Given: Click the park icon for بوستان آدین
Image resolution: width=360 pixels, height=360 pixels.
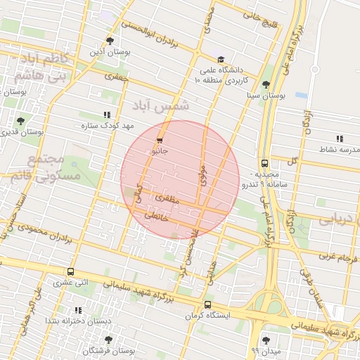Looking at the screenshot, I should pos(109,41).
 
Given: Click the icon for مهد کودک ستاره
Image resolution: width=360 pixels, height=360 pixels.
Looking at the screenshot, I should pos(107,114).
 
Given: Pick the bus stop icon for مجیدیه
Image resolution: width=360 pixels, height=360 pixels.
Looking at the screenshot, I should pos(264,161).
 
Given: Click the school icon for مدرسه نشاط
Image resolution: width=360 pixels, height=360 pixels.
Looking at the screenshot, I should pos(340,139).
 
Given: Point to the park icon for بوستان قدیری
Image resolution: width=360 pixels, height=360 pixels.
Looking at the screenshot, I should pos(20,121).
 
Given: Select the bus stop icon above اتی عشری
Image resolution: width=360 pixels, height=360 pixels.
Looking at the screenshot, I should pos(70,271).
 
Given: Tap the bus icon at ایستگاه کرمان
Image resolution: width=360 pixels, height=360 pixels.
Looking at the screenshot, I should pos(207,304).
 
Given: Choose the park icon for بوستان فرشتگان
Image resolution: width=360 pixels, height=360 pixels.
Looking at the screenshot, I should pos(108,340).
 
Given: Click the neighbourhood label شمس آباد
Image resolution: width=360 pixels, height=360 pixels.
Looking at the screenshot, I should pos(160,106).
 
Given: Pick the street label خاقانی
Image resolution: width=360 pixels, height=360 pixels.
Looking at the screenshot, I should pos(157,217).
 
